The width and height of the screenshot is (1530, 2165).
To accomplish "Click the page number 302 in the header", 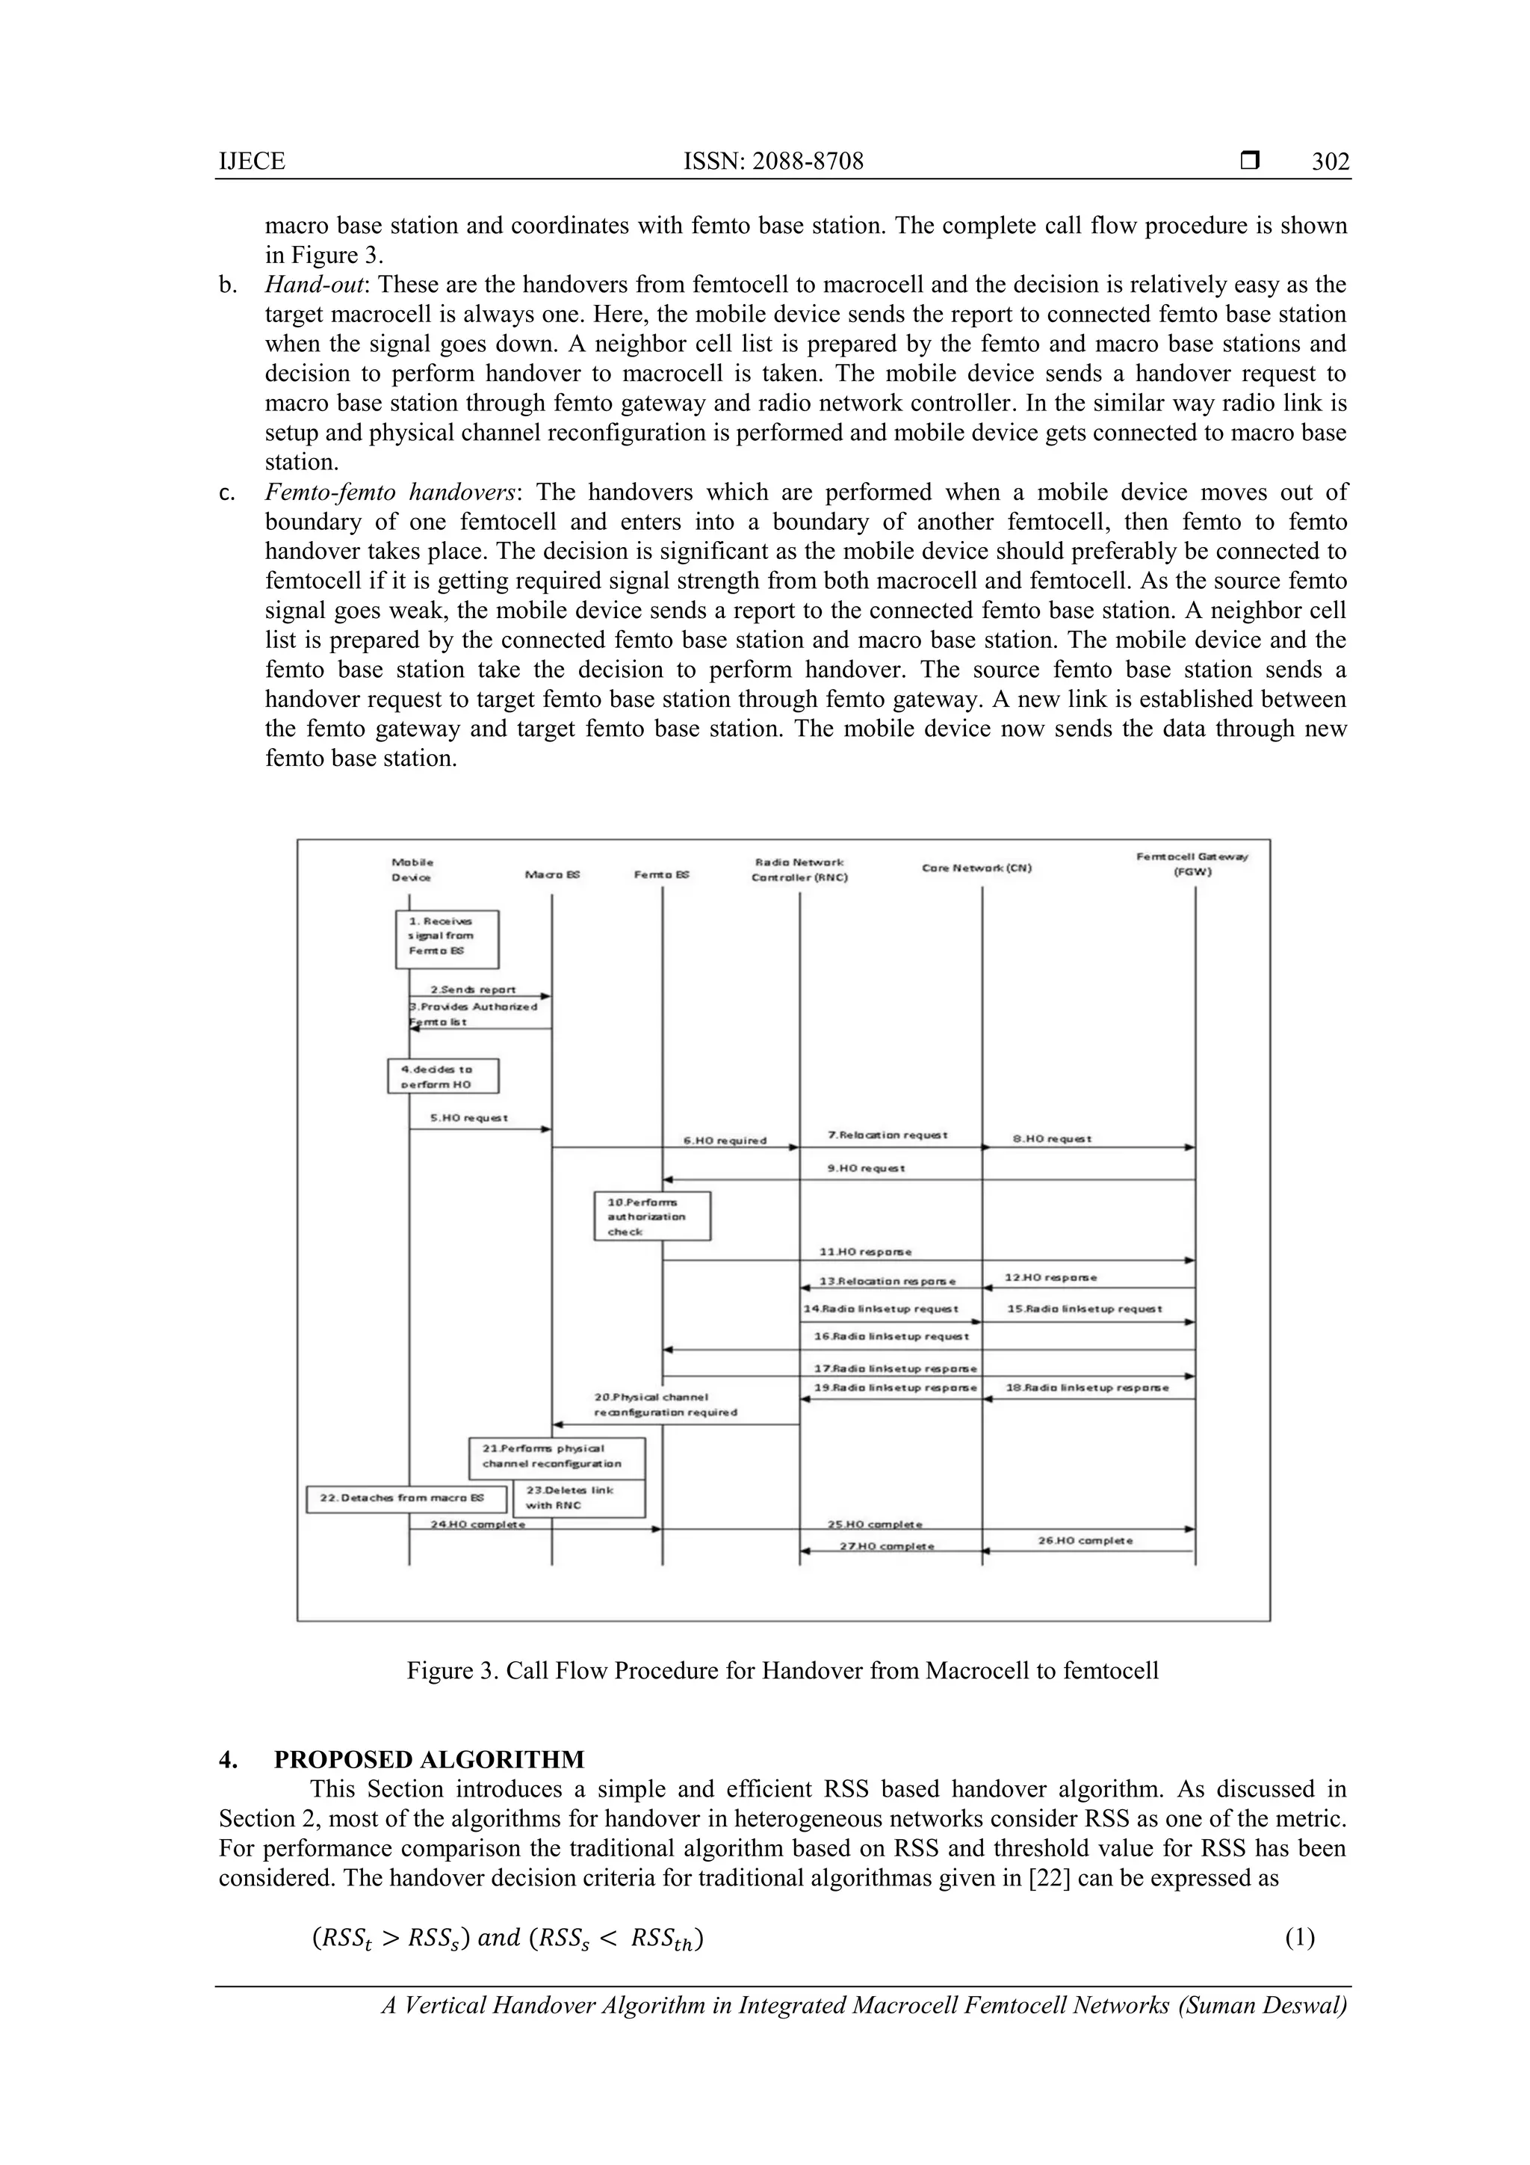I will [x=1330, y=162].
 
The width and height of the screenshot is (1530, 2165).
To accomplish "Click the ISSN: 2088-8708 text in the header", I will [x=773, y=162].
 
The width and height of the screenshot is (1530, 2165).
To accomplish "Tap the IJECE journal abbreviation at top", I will [x=252, y=162].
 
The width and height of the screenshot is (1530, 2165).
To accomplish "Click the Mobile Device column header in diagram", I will [x=412, y=869].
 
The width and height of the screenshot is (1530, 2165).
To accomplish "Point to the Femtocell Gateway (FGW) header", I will [x=1192, y=864].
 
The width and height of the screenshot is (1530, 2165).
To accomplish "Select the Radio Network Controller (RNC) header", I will [x=799, y=869].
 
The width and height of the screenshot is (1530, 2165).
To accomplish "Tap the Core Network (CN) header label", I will [x=976, y=868].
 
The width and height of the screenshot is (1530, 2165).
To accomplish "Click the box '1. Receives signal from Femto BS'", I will [x=446, y=939].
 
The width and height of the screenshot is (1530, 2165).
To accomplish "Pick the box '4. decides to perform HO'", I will [x=443, y=1076].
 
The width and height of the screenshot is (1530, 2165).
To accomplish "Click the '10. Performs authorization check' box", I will [x=651, y=1217].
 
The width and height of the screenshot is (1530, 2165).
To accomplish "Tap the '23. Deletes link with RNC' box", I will [x=578, y=1498].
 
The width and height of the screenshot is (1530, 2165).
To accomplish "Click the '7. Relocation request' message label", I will [x=887, y=1134].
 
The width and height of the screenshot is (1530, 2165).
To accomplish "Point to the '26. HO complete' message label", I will [x=1085, y=1541].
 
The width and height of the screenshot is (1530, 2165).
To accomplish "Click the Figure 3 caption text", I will [x=782, y=1671].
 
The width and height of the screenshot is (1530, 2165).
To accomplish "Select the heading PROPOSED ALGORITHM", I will [x=429, y=1759].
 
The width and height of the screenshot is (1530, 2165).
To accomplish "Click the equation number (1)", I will [x=1299, y=1938].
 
